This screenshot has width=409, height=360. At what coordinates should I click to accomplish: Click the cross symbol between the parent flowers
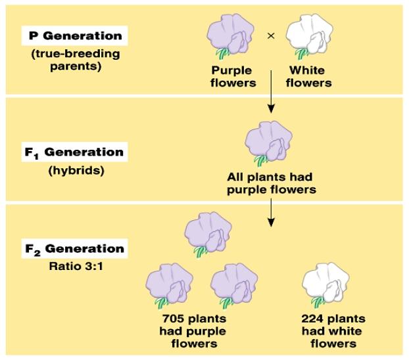(270, 35)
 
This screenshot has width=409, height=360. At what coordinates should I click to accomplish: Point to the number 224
(312, 319)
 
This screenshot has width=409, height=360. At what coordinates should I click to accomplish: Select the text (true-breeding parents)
(69, 60)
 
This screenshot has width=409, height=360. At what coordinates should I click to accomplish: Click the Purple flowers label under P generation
(233, 77)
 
